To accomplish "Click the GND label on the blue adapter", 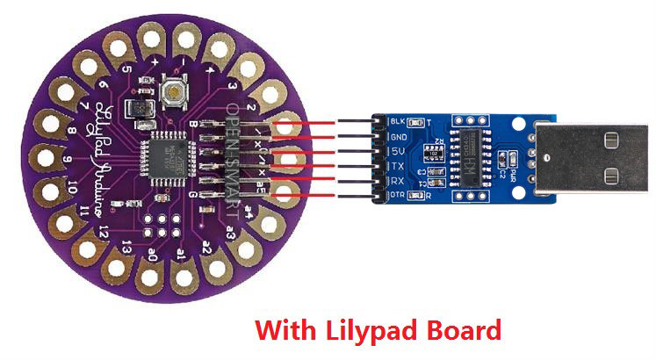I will coord(398,136).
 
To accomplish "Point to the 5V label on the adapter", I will coord(397,151).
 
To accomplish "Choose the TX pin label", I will coord(397,165).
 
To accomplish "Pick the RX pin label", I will coord(397,180).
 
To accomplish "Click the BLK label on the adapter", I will coord(398,121).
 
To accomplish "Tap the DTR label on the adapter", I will coord(398,195).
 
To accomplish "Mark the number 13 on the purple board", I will coord(128,245).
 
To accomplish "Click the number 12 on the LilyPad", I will coord(105,230).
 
